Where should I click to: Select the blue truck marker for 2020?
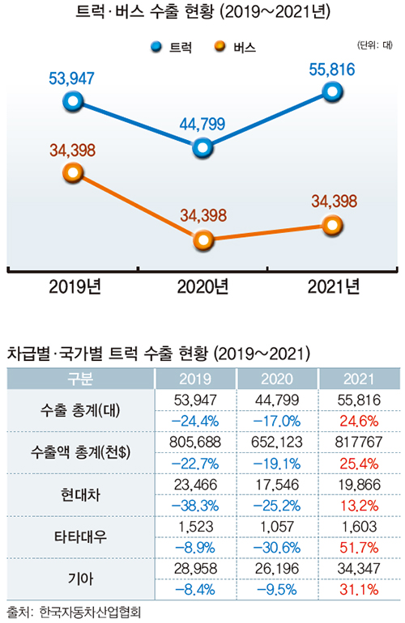click(x=203, y=146)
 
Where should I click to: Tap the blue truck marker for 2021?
click(x=331, y=91)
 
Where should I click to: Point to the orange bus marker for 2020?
click(x=203, y=239)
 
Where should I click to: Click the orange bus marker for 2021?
click(x=331, y=225)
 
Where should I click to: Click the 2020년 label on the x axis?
click(x=203, y=286)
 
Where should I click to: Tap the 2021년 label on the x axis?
click(x=331, y=286)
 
